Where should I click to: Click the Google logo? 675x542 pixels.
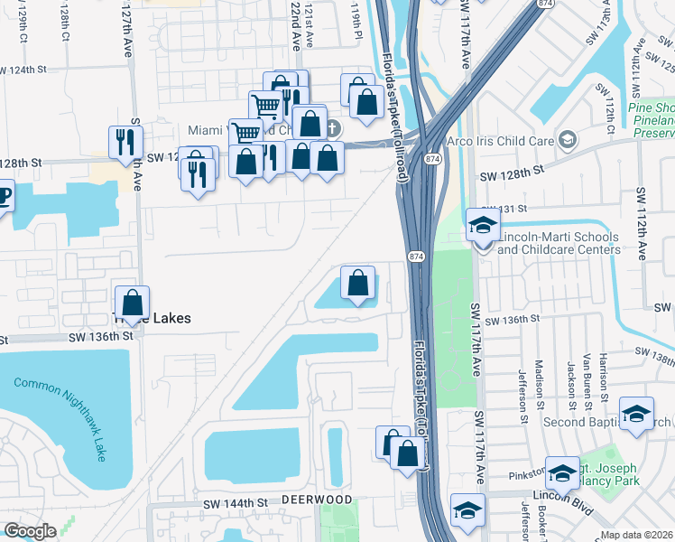tap(29, 531)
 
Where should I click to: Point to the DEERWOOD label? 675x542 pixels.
tap(316, 500)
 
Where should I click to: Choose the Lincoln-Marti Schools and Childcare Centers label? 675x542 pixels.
tap(558, 244)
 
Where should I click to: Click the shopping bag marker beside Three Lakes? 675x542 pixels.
tap(133, 303)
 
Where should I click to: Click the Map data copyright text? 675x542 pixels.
tap(635, 535)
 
